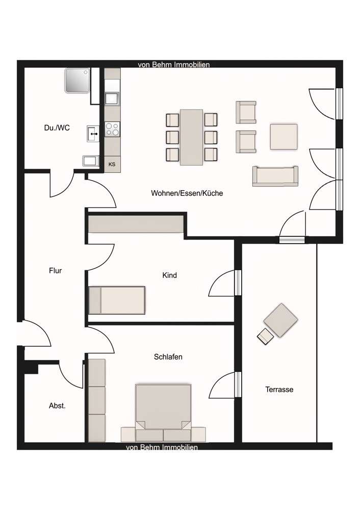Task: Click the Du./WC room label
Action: [x=57, y=128]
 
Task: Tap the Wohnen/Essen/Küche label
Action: [x=187, y=193]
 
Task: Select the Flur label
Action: [x=55, y=271]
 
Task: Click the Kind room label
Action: [x=169, y=275]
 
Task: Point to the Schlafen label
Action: [x=168, y=357]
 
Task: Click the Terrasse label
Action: [x=279, y=389]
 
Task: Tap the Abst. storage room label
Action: [x=57, y=406]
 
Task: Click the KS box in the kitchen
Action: [x=112, y=164]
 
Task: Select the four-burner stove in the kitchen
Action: [x=112, y=129]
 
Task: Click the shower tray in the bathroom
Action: [x=78, y=81]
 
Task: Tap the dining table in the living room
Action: [x=192, y=137]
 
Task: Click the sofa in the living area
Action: [x=275, y=176]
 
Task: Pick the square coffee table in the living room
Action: [x=283, y=137]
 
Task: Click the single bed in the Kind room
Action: [x=117, y=300]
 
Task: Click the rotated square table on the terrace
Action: [x=281, y=320]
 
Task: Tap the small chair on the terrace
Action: [x=265, y=337]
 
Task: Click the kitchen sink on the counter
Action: [x=112, y=98]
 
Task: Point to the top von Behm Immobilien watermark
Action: [x=173, y=65]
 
